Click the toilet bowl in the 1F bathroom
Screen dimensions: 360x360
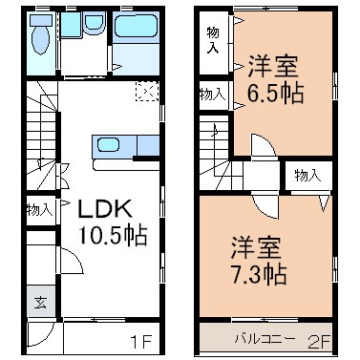point(39,39)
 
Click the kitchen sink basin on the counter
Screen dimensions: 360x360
point(108,146)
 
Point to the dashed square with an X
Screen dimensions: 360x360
point(146,92)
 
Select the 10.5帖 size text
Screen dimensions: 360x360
point(113,236)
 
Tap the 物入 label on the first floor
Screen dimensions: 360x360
point(39,210)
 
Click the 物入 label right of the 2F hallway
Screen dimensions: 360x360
point(306,176)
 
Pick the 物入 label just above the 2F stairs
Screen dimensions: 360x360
point(213,95)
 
